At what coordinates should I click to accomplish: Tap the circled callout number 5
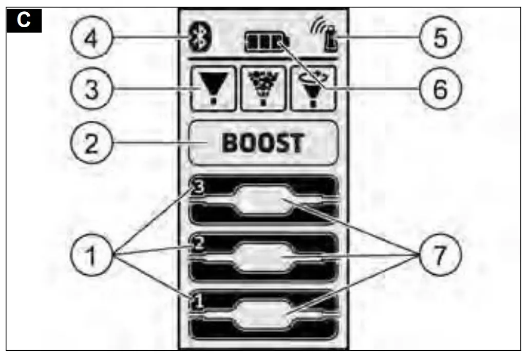tap(439, 39)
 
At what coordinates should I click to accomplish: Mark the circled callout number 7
tap(439, 254)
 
